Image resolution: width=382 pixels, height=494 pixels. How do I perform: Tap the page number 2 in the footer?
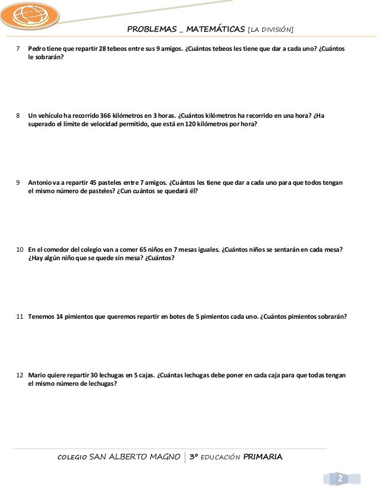click(x=339, y=480)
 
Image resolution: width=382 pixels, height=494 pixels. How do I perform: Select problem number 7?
click(x=18, y=48)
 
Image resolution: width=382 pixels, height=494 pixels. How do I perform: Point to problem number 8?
click(x=18, y=115)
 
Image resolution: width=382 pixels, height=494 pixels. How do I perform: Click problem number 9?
click(x=18, y=182)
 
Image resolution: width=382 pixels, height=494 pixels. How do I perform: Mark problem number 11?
click(x=20, y=316)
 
